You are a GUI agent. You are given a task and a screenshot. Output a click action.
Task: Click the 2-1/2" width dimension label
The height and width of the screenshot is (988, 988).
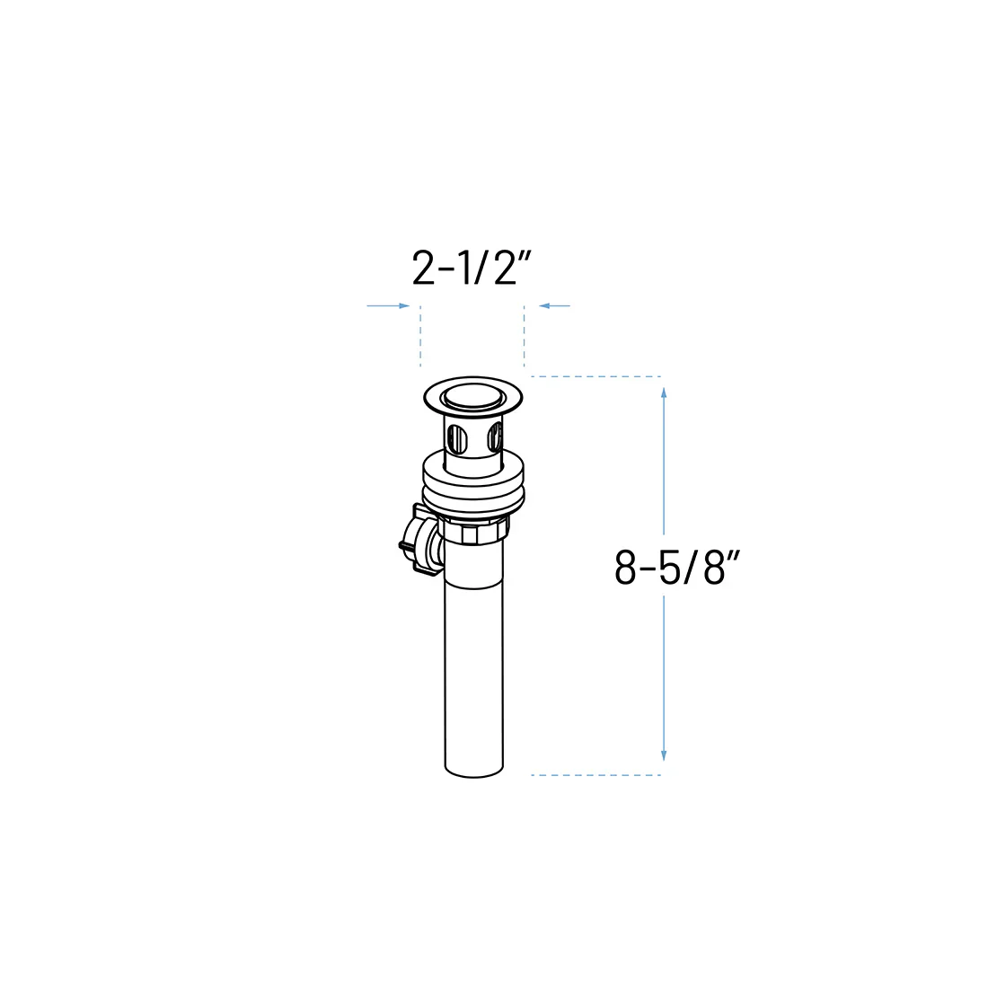[x=472, y=269]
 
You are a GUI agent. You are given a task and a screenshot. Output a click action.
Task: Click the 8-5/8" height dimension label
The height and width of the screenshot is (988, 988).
[x=676, y=568]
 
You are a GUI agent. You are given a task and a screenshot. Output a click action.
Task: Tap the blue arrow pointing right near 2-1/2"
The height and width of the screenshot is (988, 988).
[x=388, y=306]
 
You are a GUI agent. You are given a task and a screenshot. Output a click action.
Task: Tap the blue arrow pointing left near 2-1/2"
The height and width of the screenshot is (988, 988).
[x=554, y=306]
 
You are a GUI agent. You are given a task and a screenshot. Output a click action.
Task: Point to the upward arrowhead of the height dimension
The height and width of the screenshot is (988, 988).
[x=664, y=393]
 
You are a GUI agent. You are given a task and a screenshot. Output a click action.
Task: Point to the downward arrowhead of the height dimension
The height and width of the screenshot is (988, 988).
[x=664, y=755]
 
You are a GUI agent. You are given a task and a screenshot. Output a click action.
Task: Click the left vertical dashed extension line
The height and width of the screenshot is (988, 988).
[x=420, y=336]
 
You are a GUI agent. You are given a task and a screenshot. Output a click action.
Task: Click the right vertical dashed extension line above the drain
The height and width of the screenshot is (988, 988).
[x=524, y=336]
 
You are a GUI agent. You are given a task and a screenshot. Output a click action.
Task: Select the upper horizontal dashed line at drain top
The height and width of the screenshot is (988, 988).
[x=596, y=377]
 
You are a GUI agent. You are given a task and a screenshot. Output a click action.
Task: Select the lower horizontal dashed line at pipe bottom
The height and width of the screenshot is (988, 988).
[x=596, y=775]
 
